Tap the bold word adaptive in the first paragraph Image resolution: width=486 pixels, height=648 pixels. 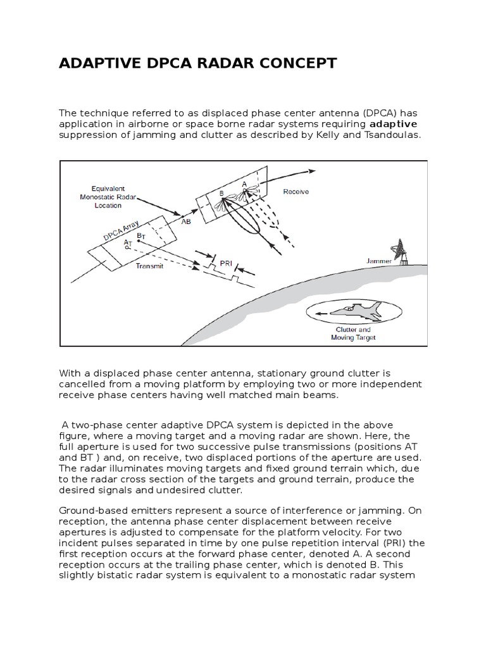click(x=394, y=123)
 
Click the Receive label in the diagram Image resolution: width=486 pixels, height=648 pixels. click(x=296, y=191)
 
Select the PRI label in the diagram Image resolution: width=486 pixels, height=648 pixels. click(x=226, y=261)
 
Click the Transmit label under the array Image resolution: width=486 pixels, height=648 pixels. click(x=149, y=266)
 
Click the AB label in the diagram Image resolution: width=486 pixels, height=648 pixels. click(x=186, y=222)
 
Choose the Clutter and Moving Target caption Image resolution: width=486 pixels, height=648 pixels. click(x=353, y=333)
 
